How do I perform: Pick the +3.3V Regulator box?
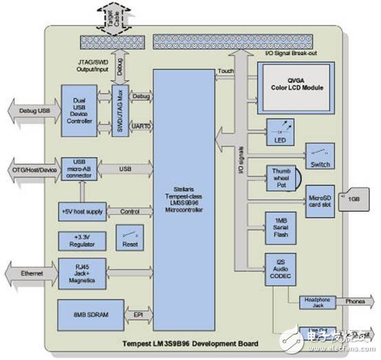(x=82, y=241)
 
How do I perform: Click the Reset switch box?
(x=128, y=239)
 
